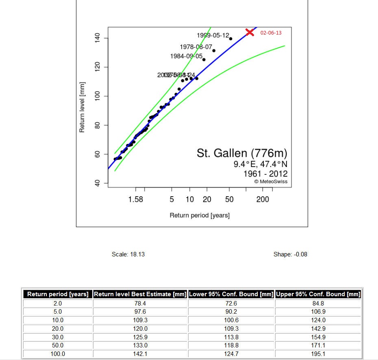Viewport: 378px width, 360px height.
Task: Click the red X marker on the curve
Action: pos(250,32)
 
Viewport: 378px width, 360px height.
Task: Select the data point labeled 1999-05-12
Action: pos(230,39)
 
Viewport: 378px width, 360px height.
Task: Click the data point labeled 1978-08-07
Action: pos(214,51)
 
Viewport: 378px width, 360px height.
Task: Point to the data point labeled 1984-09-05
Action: pos(204,60)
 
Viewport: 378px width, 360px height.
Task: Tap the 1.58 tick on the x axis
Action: pos(135,200)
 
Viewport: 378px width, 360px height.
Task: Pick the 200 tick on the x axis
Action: pos(263,200)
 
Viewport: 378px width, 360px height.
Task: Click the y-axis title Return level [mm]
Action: pos(82,107)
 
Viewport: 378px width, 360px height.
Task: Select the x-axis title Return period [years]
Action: pos(200,215)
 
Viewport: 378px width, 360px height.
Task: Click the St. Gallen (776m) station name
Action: pos(242,154)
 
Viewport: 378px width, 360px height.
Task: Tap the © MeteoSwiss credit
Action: pos(271,182)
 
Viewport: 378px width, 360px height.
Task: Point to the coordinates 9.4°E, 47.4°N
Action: pos(260,165)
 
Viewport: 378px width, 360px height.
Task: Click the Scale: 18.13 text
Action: pos(128,254)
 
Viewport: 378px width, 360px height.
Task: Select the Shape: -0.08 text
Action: pos(290,254)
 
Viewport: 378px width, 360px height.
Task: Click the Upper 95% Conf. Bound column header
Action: pos(318,294)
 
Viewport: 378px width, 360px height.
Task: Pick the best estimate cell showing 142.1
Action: pos(140,354)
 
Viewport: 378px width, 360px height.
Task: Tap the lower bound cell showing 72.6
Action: pos(231,303)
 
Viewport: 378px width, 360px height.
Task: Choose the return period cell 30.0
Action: pos(58,337)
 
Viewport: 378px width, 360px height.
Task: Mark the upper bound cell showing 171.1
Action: pos(318,345)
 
